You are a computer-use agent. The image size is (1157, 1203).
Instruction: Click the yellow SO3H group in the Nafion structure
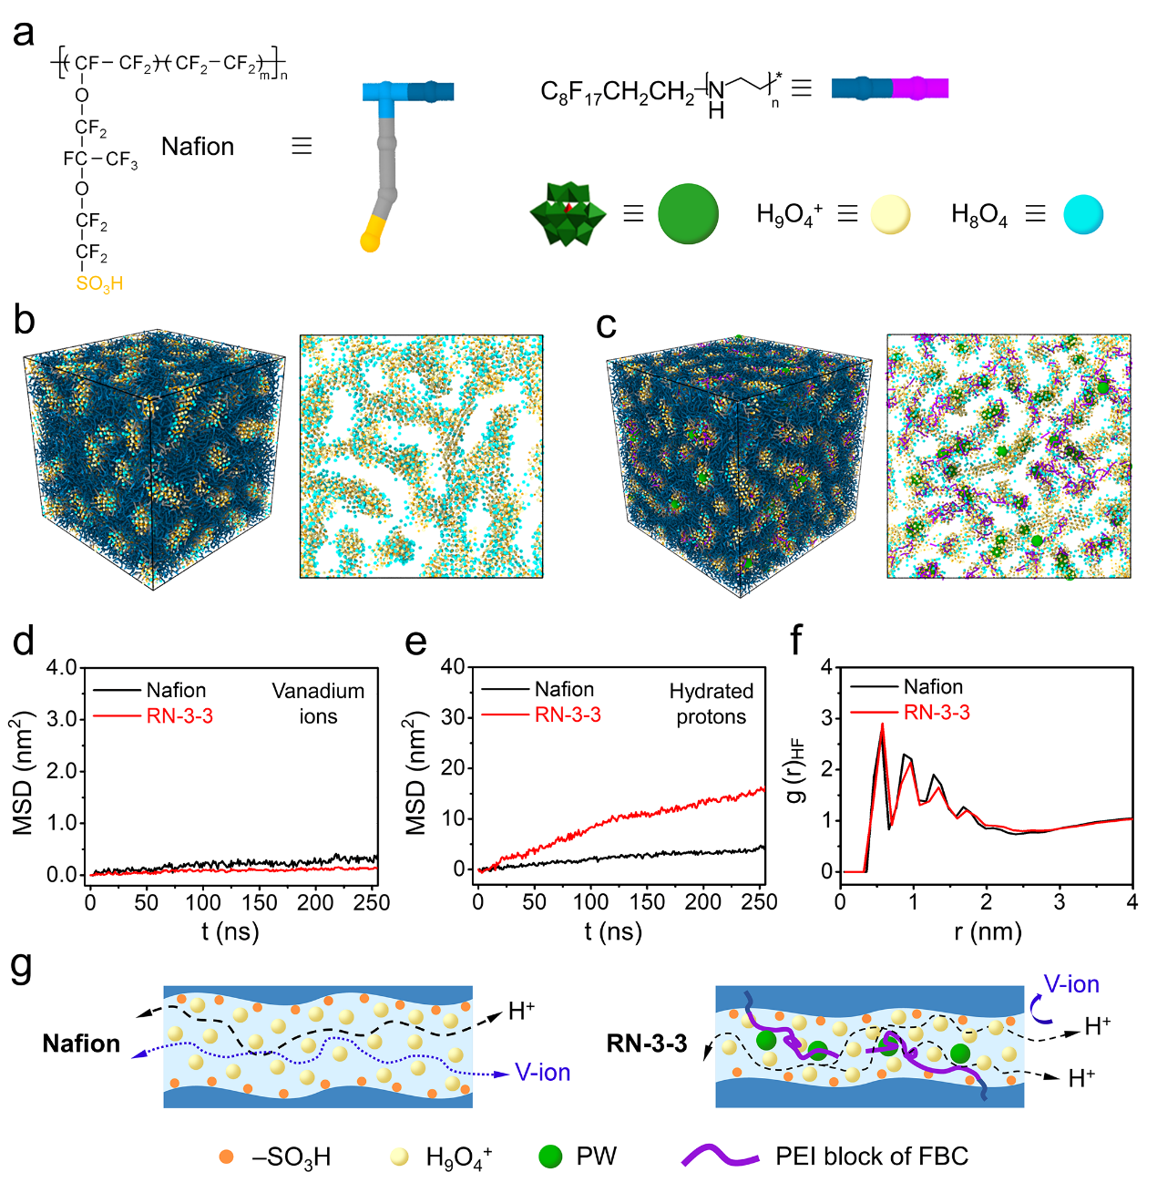[99, 283]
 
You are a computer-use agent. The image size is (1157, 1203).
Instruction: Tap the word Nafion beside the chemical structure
[198, 147]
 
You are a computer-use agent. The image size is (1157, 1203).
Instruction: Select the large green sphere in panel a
[688, 214]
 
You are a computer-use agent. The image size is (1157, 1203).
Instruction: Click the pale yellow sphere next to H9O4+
[890, 214]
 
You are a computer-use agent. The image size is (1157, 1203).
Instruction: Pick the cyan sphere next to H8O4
[1083, 214]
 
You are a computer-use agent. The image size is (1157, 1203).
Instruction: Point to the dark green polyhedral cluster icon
[568, 214]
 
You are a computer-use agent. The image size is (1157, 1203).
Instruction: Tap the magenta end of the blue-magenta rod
[922, 88]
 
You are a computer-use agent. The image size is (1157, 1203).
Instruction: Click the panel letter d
[24, 642]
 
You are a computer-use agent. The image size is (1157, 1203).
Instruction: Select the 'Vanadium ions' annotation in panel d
[318, 704]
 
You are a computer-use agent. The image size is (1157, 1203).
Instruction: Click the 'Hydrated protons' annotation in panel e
[711, 704]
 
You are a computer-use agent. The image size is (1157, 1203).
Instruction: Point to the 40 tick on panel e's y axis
[453, 667]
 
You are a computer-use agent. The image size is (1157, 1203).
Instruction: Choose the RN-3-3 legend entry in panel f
[937, 713]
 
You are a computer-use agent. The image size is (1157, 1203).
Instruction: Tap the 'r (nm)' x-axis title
[988, 931]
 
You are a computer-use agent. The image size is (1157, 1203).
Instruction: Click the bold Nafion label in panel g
[81, 1044]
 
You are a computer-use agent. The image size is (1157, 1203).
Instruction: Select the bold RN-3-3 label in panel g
[647, 1044]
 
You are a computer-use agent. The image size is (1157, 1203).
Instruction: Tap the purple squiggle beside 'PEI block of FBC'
[720, 1157]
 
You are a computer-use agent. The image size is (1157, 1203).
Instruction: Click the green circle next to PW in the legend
[550, 1157]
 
